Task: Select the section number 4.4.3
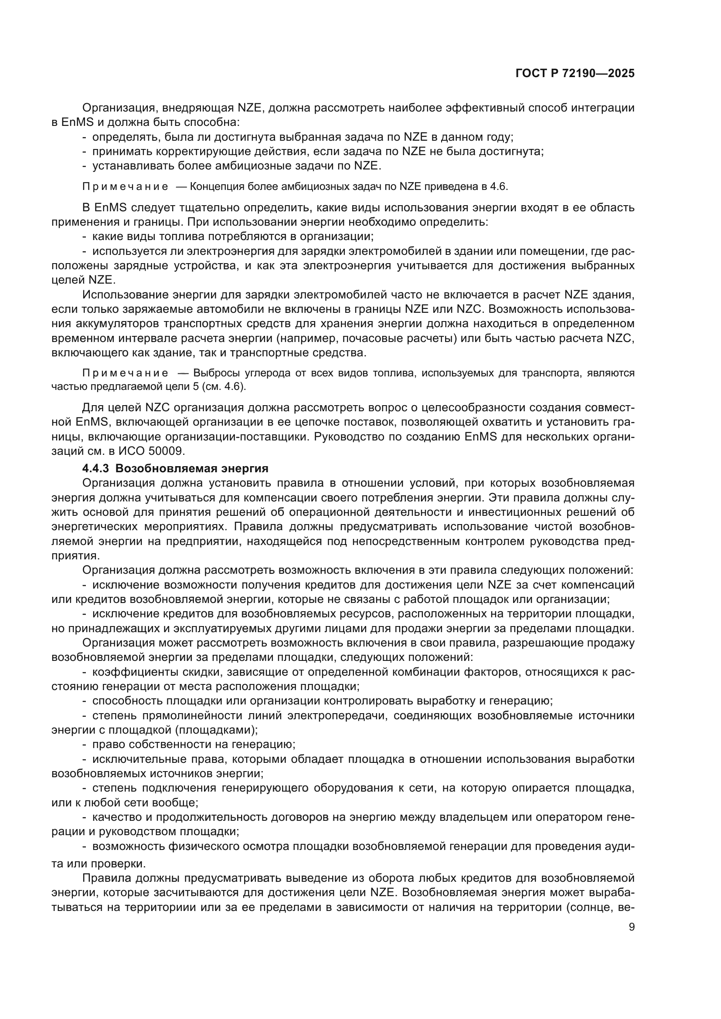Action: [95, 469]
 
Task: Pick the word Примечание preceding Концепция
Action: [125, 186]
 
